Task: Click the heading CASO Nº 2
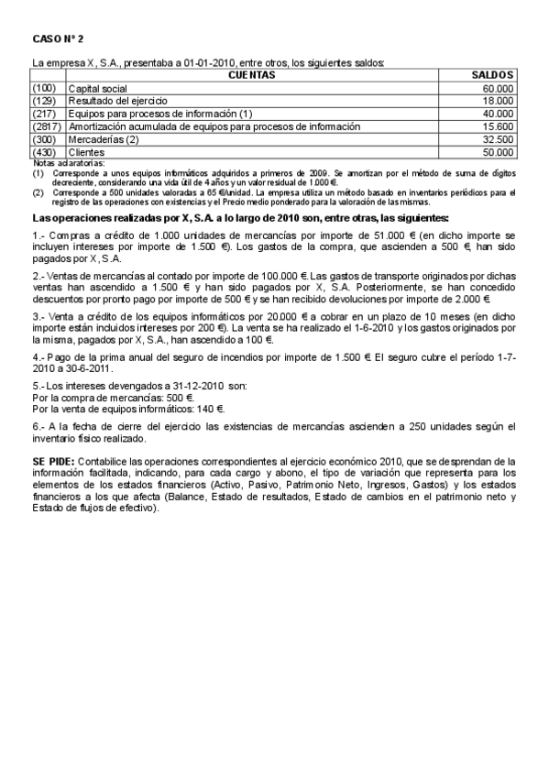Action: pyautogui.click(x=57, y=39)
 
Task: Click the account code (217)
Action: pyautogui.click(x=44, y=113)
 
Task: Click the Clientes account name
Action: pyautogui.click(x=87, y=152)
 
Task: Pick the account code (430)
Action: pyautogui.click(x=44, y=152)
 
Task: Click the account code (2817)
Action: pyautogui.click(x=47, y=126)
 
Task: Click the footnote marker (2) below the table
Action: pyautogui.click(x=38, y=193)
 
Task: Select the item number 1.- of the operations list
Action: pyautogui.click(x=38, y=235)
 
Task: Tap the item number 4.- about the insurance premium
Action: pyautogui.click(x=38, y=356)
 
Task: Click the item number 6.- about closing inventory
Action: pyautogui.click(x=38, y=426)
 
